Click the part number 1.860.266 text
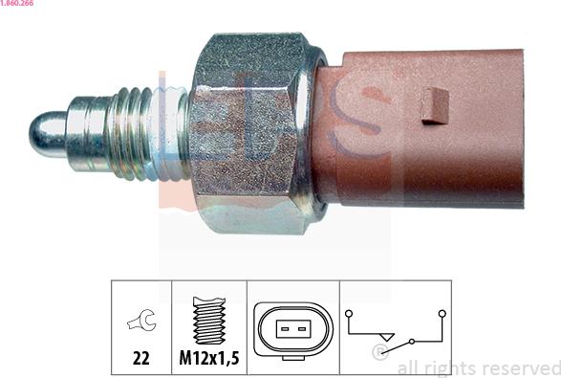[x=17, y=3]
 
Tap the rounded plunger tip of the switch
[x=47, y=134]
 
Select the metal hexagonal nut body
[x=250, y=133]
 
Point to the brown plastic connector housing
[x=419, y=129]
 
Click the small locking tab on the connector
[x=435, y=106]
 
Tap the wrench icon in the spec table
[x=141, y=320]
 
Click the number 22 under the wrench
[x=140, y=358]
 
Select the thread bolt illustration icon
[x=209, y=320]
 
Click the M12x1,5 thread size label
[x=209, y=358]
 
